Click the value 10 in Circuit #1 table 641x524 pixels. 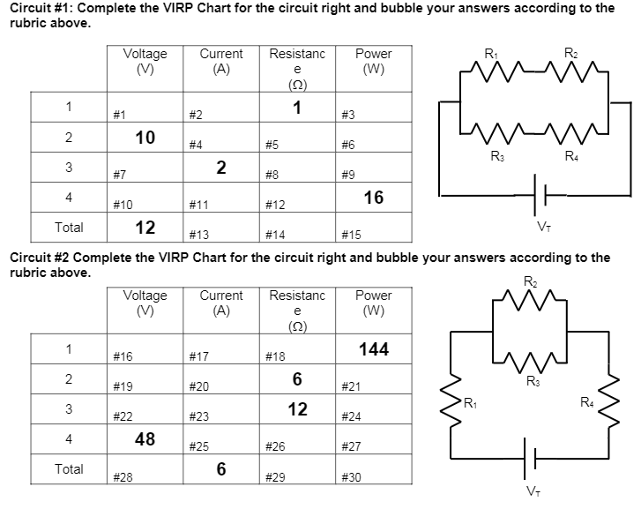(145, 137)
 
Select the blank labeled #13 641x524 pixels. (198, 235)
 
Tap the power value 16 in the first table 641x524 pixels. (374, 197)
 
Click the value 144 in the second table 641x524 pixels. (374, 349)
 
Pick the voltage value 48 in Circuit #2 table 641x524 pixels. (145, 438)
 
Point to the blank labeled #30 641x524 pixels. (350, 477)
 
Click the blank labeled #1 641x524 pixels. (120, 115)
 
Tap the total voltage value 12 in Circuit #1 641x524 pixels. (145, 227)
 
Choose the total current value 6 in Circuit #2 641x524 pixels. (221, 469)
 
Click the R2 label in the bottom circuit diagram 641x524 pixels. (530, 281)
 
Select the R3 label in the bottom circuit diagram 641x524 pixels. (533, 381)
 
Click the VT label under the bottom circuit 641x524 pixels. (532, 490)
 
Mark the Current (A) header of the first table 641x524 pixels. (221, 61)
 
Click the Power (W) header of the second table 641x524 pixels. (374, 303)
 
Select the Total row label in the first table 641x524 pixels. (69, 227)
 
